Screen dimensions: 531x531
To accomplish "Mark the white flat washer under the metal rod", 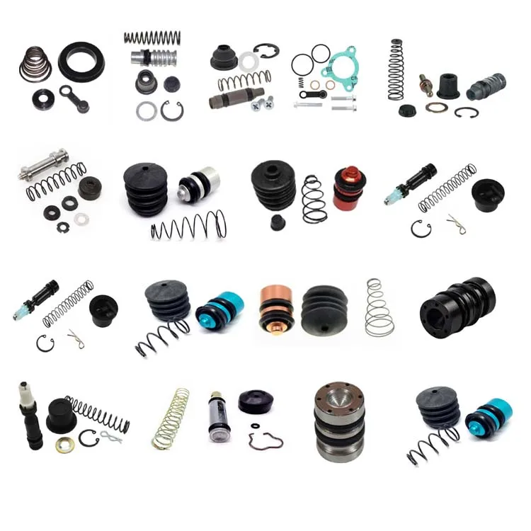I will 82,219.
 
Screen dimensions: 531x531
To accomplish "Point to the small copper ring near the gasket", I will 314,85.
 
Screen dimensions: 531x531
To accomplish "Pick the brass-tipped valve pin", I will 426,84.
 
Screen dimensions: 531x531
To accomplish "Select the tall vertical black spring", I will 396,69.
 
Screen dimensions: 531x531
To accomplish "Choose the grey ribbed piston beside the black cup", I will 485,87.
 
